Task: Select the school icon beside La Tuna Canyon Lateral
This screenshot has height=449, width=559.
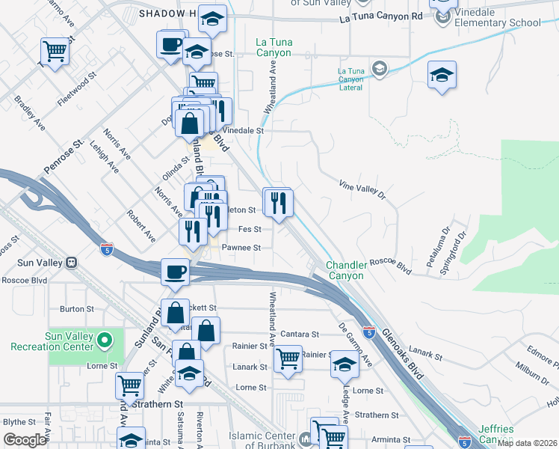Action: pyautogui.click(x=380, y=70)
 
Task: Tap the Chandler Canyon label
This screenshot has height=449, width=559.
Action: pyautogui.click(x=346, y=270)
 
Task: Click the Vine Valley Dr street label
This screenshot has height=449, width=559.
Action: pyautogui.click(x=362, y=189)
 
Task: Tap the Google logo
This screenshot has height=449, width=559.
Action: pyautogui.click(x=25, y=440)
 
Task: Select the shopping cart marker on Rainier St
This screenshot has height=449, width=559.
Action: pyautogui.click(x=288, y=358)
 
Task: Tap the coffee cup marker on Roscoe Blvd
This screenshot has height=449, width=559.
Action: pyautogui.click(x=176, y=272)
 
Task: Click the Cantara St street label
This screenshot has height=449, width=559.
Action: pyautogui.click(x=300, y=334)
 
